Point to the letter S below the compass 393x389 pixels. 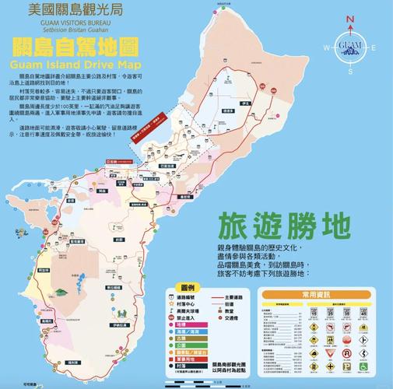[x=349, y=71]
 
